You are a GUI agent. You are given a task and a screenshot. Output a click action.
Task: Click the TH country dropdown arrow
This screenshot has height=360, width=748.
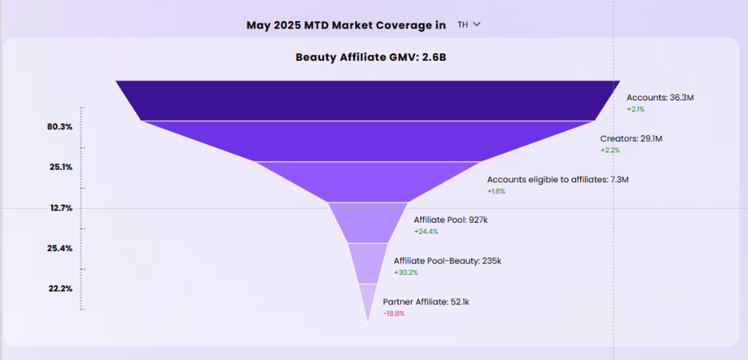(477, 25)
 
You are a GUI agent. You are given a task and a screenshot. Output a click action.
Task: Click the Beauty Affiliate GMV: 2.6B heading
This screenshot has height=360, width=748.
(371, 57)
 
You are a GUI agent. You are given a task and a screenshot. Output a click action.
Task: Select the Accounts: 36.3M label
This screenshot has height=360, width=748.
(660, 98)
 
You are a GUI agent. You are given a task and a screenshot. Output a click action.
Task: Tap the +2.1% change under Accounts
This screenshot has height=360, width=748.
(635, 109)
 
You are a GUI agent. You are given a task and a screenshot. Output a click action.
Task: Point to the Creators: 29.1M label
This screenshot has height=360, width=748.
(631, 139)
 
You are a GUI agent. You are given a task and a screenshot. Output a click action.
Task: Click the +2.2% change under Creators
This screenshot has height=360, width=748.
(609, 150)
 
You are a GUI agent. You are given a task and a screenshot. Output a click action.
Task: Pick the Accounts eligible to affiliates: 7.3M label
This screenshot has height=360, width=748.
(557, 180)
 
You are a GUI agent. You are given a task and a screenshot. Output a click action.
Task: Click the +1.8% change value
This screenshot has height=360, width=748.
(496, 191)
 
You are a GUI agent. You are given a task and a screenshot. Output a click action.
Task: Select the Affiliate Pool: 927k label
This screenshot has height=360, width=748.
(451, 220)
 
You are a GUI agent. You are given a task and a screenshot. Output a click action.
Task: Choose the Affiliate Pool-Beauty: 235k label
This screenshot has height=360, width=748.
(447, 261)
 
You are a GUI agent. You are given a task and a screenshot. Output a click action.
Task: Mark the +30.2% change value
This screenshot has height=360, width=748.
(406, 272)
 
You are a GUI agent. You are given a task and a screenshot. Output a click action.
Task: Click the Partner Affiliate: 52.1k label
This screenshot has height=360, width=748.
(425, 302)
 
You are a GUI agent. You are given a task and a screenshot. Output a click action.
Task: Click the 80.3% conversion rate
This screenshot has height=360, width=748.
(60, 127)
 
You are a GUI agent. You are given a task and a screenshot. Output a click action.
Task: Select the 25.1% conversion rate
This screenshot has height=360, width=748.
(60, 168)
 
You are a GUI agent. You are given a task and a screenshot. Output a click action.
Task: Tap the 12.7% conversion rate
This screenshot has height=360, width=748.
(60, 208)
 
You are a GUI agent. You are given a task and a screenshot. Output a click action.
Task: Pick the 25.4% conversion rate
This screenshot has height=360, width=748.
(60, 249)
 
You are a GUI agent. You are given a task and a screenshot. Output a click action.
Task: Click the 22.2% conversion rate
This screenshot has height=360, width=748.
(60, 289)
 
